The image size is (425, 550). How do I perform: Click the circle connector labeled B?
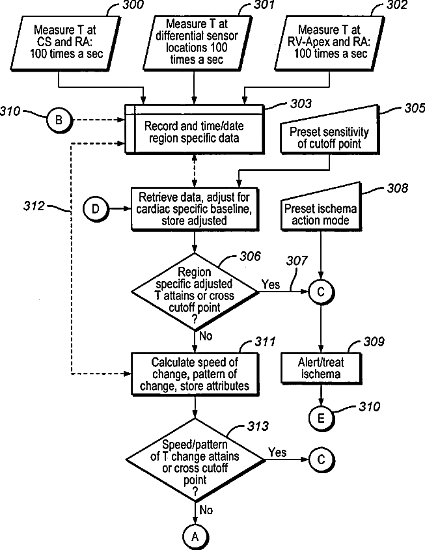coord(59,120)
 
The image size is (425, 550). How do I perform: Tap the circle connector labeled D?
coord(96,209)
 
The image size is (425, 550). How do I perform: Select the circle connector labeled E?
coord(321,418)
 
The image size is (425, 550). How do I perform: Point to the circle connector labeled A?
coord(195,537)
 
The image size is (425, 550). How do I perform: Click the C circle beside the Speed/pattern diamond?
coord(321,460)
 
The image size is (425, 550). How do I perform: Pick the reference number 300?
coord(133,5)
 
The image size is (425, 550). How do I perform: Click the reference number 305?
coord(415,109)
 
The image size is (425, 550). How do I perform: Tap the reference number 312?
coord(34,206)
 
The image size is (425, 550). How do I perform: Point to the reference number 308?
coord(398,188)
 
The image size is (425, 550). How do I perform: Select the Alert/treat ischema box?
coord(321,368)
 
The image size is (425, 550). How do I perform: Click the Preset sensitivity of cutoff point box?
coord(329,130)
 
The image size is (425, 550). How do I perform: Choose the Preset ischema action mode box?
coord(321,207)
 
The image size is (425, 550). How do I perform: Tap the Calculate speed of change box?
coord(195,374)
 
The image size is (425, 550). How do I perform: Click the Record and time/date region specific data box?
coord(194,129)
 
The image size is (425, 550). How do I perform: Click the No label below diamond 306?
coord(206,336)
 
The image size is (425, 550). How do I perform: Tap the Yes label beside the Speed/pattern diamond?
coord(277,452)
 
